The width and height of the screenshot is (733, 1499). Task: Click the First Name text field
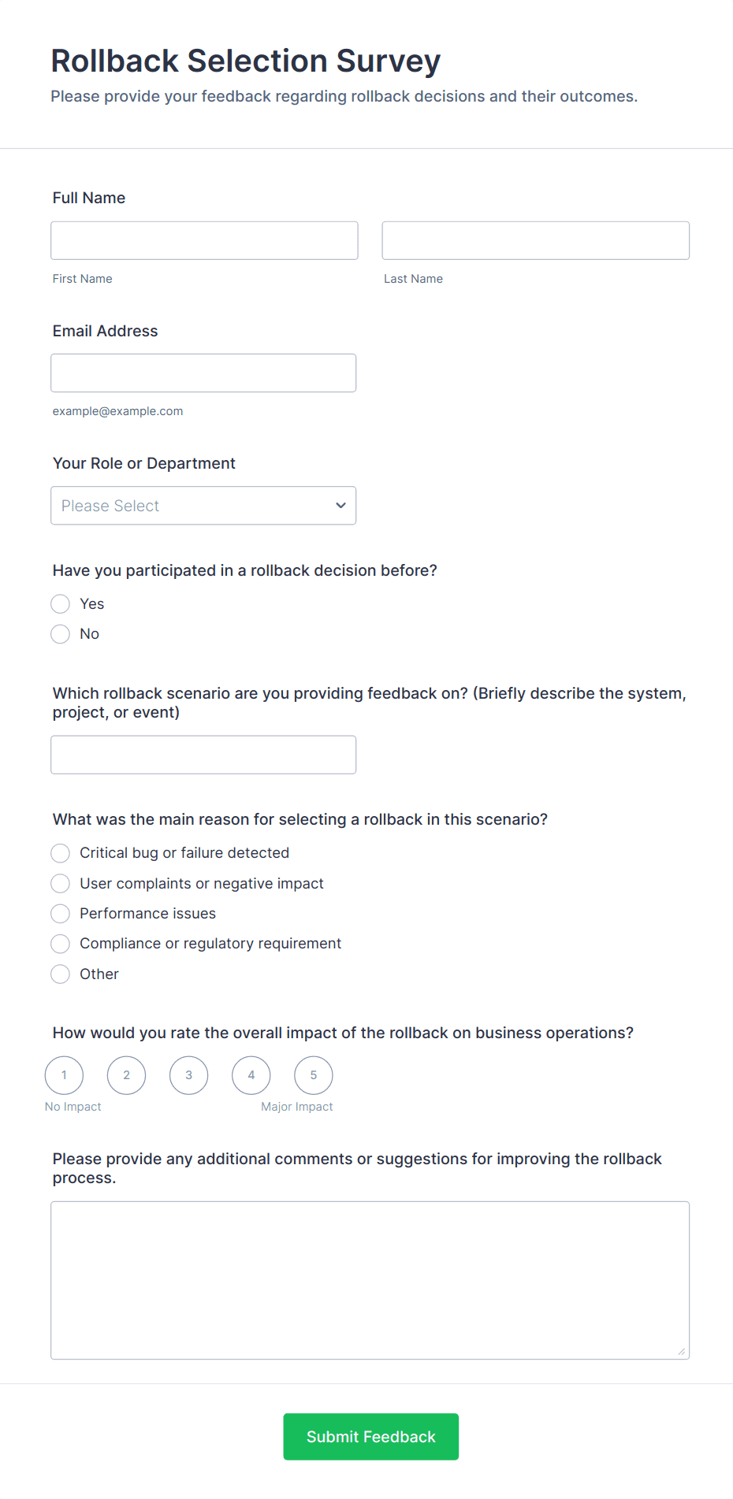(204, 240)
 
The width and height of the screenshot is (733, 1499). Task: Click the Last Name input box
(535, 240)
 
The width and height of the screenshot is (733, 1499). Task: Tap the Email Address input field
(203, 373)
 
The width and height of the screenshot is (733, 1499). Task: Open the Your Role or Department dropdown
(203, 506)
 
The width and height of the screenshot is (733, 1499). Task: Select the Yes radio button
(61, 604)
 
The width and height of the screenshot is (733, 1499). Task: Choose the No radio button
(61, 634)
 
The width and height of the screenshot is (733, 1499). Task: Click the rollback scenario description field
(203, 755)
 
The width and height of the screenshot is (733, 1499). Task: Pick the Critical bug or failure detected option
(61, 853)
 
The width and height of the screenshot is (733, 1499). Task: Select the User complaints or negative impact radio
(61, 884)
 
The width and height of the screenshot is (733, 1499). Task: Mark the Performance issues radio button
(61, 914)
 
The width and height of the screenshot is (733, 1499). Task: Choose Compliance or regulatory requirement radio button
(61, 944)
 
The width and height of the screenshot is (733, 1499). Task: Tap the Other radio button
(61, 974)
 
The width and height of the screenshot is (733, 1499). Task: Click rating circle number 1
(64, 1075)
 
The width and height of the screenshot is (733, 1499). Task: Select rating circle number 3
(189, 1075)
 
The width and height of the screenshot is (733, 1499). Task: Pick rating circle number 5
(314, 1075)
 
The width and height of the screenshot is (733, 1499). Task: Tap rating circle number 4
(251, 1075)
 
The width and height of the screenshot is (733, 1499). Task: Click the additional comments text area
(370, 1280)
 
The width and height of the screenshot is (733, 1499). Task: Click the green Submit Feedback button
(370, 1437)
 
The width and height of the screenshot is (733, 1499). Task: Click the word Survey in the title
(388, 61)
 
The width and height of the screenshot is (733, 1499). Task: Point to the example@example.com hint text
(117, 411)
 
